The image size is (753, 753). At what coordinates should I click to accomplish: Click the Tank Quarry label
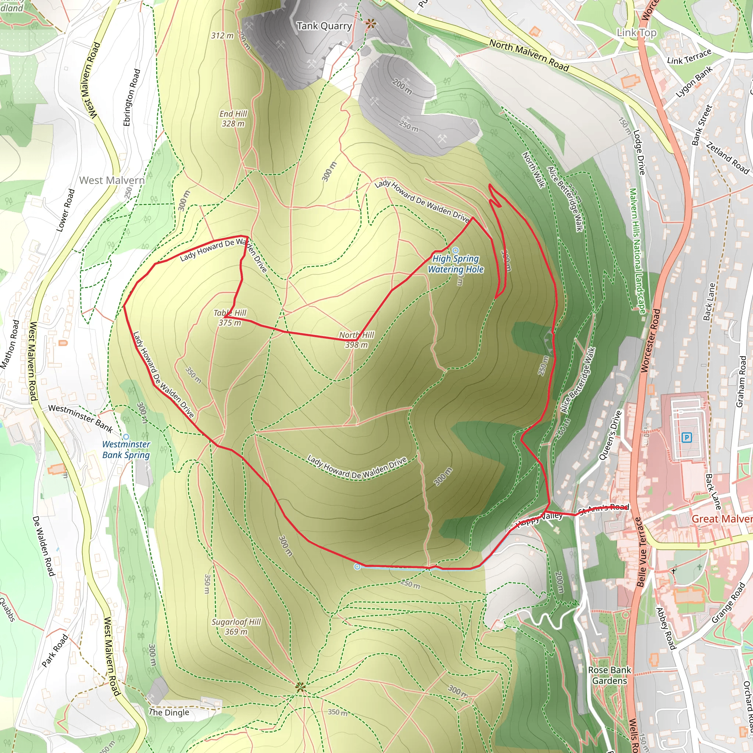[x=324, y=26]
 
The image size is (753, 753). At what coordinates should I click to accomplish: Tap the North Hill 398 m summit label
[x=356, y=340]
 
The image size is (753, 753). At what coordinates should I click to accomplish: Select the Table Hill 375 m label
[x=230, y=318]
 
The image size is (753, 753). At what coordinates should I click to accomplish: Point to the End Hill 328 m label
[x=233, y=118]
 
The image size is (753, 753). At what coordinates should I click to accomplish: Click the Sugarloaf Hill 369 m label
[x=236, y=626]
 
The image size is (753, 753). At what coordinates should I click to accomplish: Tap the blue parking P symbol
[x=686, y=437]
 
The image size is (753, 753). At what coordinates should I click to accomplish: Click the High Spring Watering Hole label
[x=456, y=264]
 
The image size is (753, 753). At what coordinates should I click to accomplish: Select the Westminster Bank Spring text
[x=126, y=449]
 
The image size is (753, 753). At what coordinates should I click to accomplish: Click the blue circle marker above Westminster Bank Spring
[x=126, y=437]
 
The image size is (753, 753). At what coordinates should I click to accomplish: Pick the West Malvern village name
[x=112, y=180]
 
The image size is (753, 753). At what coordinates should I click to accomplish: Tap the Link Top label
[x=636, y=33]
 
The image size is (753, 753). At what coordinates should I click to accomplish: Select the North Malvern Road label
[x=529, y=56]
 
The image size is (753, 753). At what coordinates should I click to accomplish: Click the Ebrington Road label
[x=131, y=97]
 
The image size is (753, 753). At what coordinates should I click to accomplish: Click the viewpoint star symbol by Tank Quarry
[x=371, y=24]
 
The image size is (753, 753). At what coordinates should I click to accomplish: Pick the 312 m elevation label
[x=222, y=35]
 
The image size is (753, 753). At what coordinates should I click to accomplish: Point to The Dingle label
[x=169, y=712]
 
